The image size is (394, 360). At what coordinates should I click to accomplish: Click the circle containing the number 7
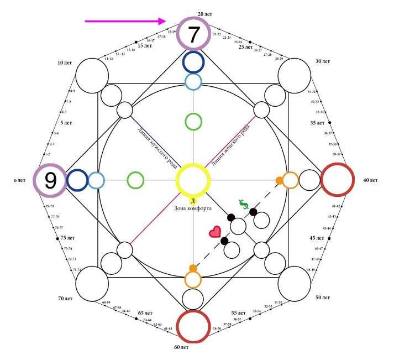[193, 34]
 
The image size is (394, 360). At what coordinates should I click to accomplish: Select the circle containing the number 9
[50, 180]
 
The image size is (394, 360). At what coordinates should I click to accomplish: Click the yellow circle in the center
[193, 180]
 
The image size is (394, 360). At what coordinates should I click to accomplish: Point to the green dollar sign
[244, 204]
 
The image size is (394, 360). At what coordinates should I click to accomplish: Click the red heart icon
[214, 232]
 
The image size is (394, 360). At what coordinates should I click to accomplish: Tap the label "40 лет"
[370, 180]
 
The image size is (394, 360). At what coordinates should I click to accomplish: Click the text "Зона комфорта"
[193, 208]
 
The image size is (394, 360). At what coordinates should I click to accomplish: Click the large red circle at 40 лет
[337, 180]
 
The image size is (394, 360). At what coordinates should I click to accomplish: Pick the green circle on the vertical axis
[193, 122]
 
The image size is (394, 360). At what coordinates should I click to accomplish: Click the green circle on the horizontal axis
[135, 180]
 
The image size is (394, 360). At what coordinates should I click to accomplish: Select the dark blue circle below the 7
[193, 62]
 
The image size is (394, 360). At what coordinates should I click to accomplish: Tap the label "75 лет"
[67, 238]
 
